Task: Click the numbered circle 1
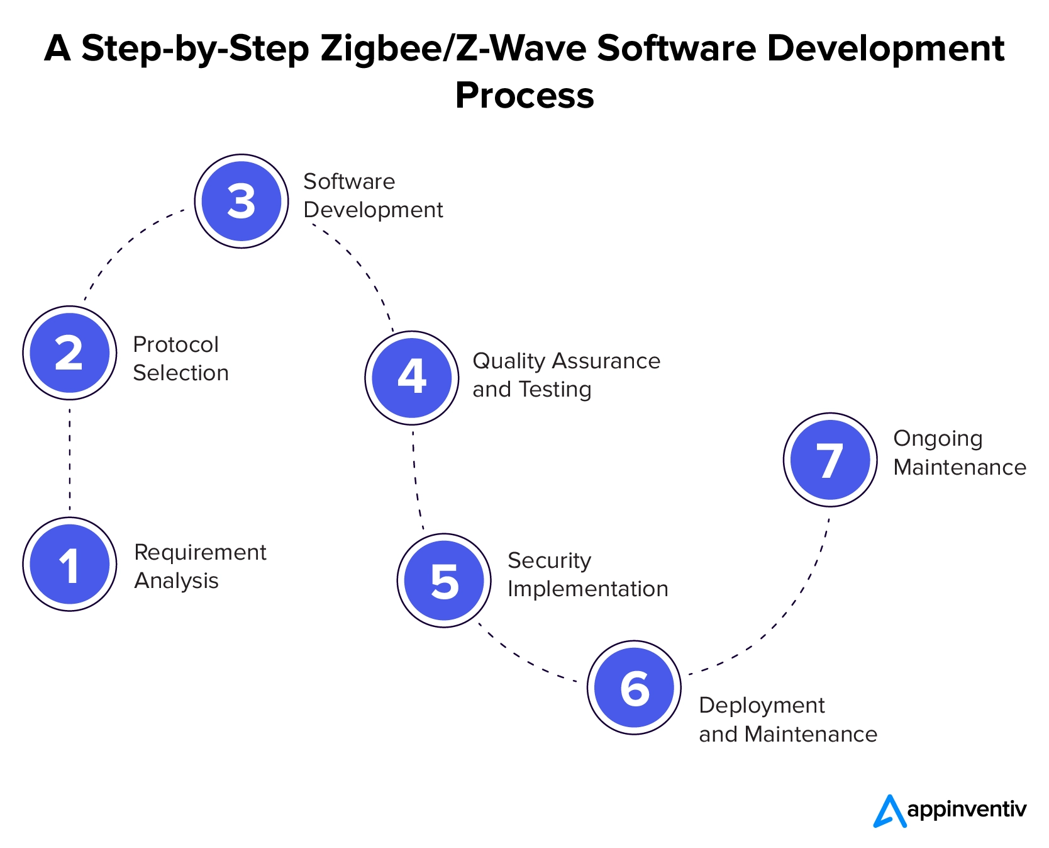[x=70, y=564]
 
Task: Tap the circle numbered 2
[x=70, y=353]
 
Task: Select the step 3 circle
[x=241, y=201]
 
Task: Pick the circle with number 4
[x=412, y=378]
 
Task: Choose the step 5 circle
[x=445, y=580]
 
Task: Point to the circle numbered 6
[x=634, y=687]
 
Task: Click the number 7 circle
[x=830, y=460]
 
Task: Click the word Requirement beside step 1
[x=200, y=552]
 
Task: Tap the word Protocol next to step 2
[x=175, y=344]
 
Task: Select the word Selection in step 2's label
[x=180, y=373]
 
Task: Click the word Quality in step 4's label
[x=508, y=361]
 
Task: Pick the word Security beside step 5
[x=549, y=560]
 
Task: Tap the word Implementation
[x=587, y=589]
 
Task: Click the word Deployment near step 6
[x=762, y=706]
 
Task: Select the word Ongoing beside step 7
[x=938, y=439]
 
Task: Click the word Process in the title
[x=524, y=96]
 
